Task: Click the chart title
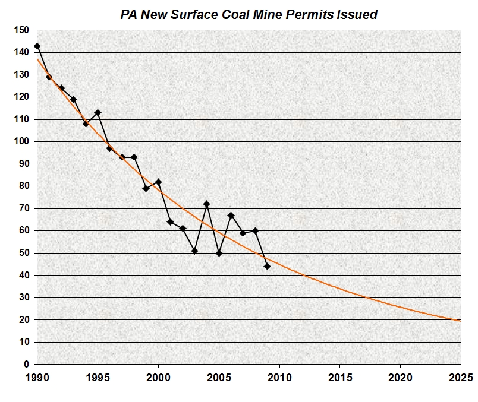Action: [x=249, y=15]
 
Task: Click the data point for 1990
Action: [x=37, y=46]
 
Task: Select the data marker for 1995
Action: [x=98, y=113]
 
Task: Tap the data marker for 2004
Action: [x=206, y=204]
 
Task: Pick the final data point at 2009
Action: [x=267, y=267]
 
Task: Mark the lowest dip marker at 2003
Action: [x=194, y=251]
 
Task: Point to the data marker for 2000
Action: [x=158, y=182]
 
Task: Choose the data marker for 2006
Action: [x=231, y=215]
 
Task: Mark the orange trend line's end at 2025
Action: [x=460, y=321]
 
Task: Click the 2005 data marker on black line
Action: [x=219, y=254]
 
